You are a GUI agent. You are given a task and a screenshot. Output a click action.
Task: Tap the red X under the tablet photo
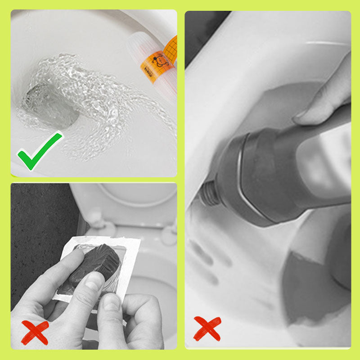(x=35, y=331)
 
